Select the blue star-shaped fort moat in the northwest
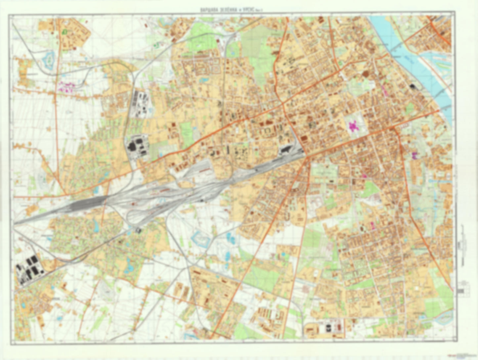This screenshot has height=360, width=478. (49, 59)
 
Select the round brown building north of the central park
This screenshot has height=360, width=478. (365, 74)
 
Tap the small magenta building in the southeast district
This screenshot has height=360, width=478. (373, 226)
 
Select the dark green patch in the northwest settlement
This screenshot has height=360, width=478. (64, 32)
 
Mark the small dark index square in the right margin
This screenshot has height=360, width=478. (460, 291)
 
